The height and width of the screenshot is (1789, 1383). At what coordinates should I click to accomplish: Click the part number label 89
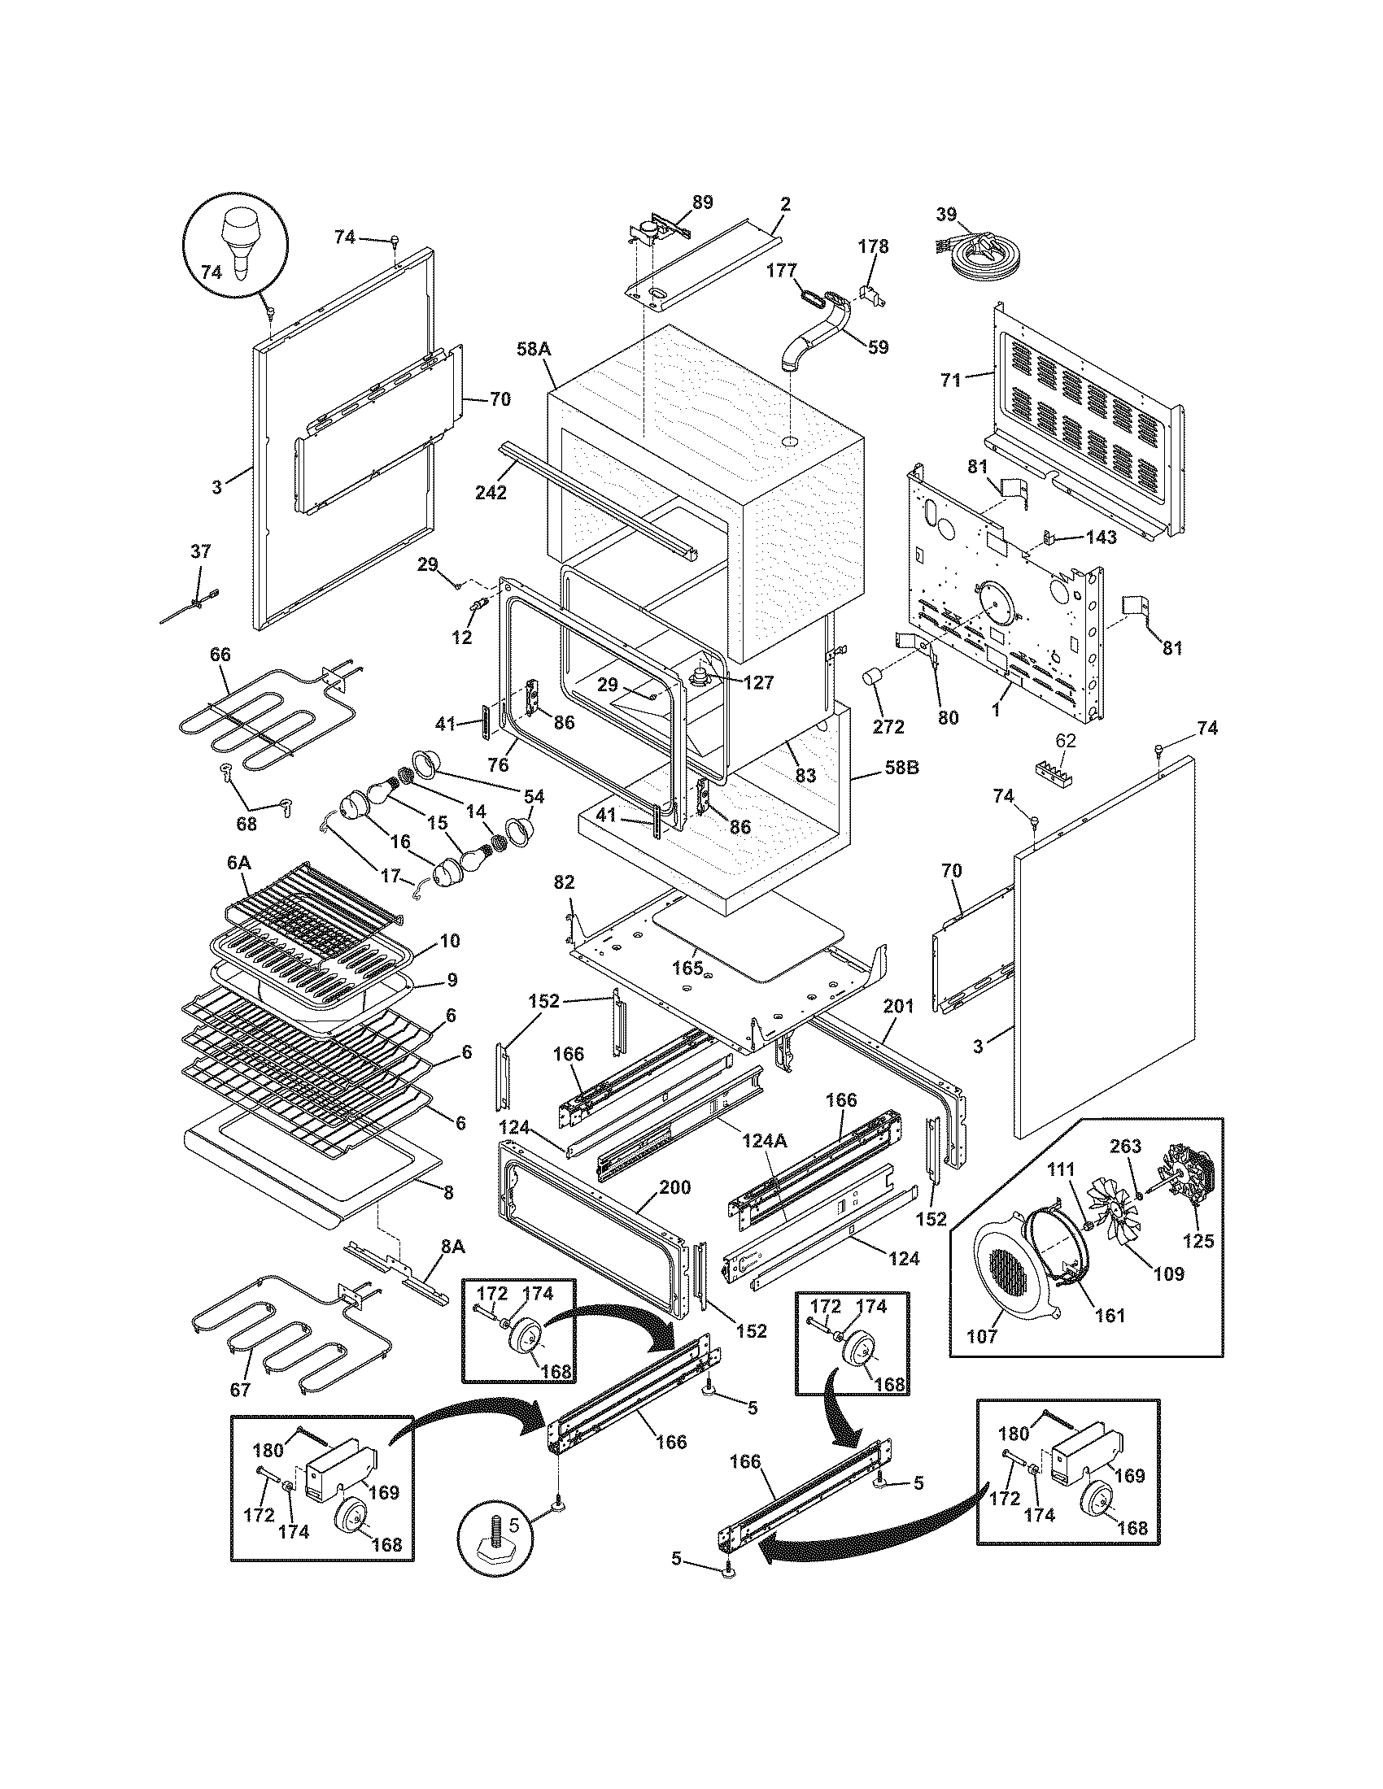coord(702,202)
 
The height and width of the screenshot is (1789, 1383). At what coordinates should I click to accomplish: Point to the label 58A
coord(533,349)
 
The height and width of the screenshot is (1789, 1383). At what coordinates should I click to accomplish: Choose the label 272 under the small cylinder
coord(888,725)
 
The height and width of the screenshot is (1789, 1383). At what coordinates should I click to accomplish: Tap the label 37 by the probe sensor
coord(201,551)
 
